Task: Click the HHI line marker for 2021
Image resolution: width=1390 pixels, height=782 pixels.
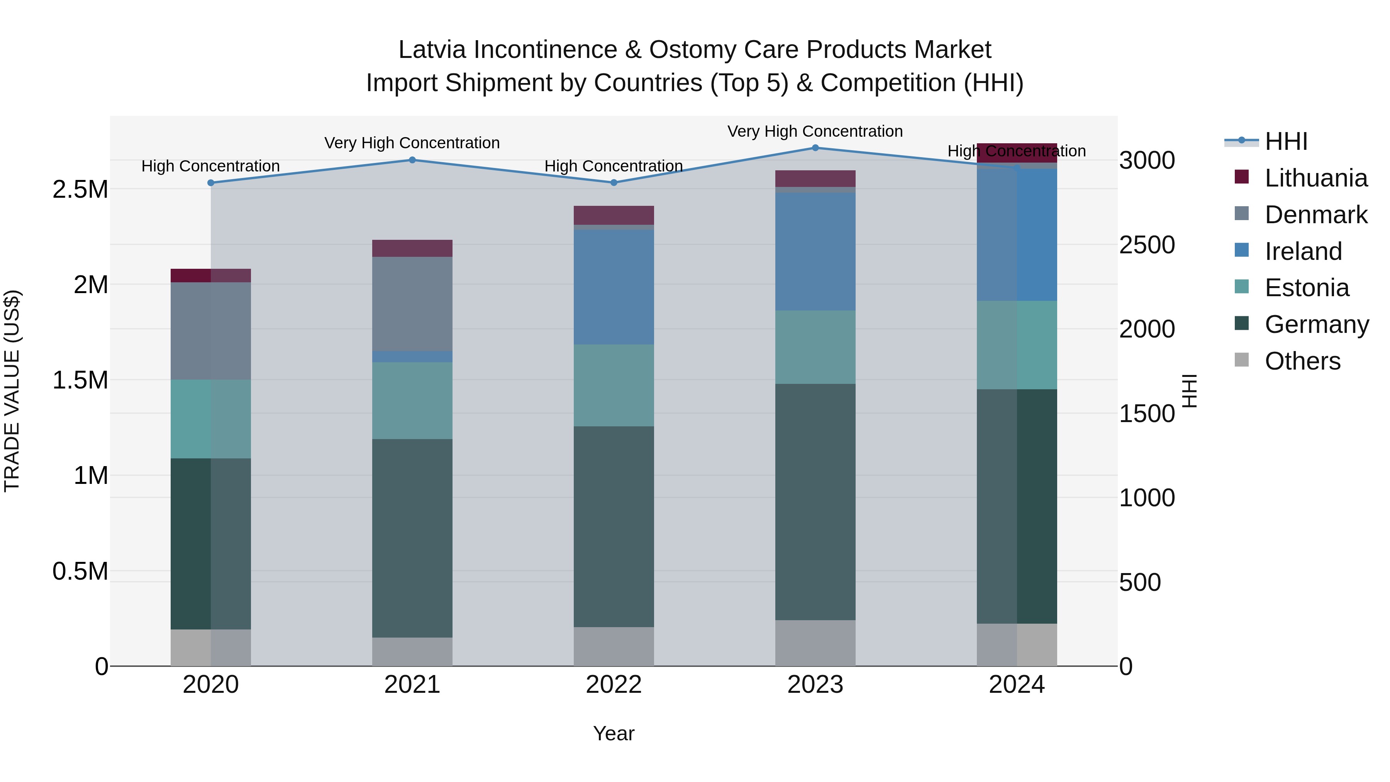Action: click(412, 160)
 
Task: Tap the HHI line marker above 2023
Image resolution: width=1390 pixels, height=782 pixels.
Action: click(815, 148)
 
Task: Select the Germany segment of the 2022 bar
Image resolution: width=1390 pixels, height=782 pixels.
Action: click(614, 526)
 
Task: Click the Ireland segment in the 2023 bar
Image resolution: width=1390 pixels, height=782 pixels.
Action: click(815, 251)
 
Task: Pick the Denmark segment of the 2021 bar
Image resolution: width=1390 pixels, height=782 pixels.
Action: click(412, 304)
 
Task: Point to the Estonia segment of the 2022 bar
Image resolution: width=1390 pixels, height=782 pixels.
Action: click(614, 385)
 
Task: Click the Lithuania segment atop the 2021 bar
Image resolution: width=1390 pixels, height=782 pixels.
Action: click(412, 248)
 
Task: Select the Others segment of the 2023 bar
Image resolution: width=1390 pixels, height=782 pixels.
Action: click(815, 643)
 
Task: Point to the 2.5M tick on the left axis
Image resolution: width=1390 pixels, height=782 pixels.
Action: click(80, 190)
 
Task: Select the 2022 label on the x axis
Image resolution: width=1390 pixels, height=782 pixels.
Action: click(614, 684)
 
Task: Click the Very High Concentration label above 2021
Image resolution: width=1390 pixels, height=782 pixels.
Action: click(412, 143)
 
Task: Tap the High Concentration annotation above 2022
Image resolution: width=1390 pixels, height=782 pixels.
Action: click(614, 166)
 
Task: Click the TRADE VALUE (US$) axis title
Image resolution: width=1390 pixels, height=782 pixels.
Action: click(12, 391)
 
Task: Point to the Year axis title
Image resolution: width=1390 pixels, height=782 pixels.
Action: click(614, 733)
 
